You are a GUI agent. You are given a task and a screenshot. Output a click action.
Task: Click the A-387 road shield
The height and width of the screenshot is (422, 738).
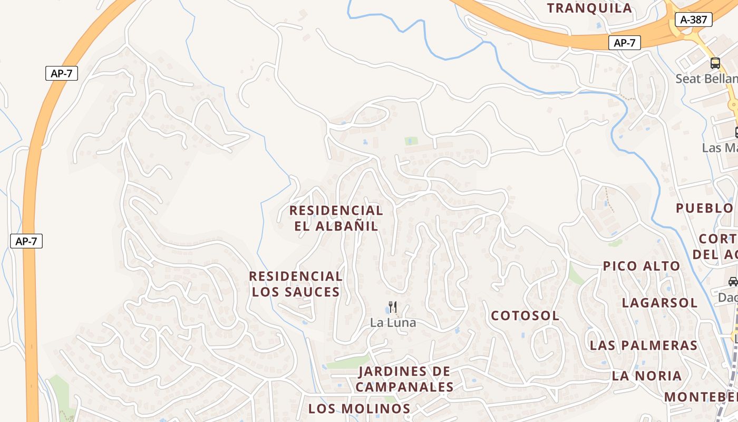click(x=693, y=20)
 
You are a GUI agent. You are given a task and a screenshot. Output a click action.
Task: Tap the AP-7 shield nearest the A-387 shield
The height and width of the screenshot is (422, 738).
click(x=625, y=43)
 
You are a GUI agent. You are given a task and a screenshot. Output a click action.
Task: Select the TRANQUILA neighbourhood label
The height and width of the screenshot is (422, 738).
click(x=589, y=8)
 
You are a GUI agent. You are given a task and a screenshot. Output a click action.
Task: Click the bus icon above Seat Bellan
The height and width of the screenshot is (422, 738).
click(x=715, y=63)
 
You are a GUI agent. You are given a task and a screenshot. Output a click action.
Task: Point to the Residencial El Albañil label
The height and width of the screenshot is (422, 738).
click(x=336, y=218)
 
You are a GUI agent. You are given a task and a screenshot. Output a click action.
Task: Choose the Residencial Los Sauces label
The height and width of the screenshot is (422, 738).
click(x=296, y=284)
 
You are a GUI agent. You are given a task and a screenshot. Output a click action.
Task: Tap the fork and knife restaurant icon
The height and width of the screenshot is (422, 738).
click(x=393, y=306)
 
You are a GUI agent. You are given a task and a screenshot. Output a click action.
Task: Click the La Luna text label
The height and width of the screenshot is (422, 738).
click(x=393, y=322)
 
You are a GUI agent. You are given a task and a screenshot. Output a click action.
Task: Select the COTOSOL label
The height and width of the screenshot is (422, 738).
click(x=525, y=316)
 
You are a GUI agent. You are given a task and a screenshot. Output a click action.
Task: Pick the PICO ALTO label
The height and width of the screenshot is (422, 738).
click(x=642, y=266)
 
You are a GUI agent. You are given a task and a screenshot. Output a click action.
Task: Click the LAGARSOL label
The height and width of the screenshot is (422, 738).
click(x=659, y=303)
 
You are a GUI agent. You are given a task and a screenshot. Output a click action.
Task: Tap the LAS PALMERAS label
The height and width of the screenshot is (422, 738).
click(x=644, y=346)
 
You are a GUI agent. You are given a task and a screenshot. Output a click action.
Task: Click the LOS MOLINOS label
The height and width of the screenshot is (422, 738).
click(x=360, y=408)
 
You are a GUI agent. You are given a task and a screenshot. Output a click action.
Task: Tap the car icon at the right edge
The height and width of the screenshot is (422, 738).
click(x=733, y=281)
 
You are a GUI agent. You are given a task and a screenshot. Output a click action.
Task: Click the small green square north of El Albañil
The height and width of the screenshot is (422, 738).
click(x=411, y=141)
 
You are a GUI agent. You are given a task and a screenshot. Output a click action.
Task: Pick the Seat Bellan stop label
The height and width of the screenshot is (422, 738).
click(x=706, y=79)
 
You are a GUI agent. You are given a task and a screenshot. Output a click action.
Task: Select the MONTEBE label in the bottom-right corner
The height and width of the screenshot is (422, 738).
click(x=701, y=397)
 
